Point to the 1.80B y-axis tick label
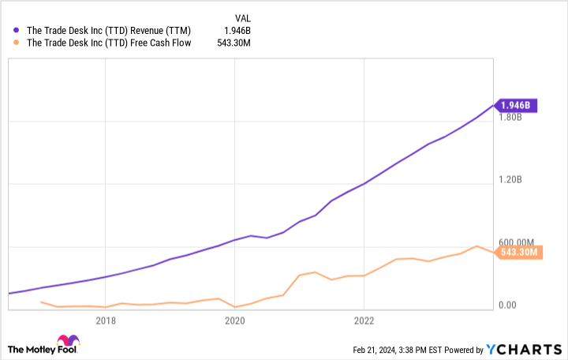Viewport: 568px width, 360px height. pos(511,118)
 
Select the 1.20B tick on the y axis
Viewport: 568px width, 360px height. pos(511,180)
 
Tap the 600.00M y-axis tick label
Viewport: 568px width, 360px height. pos(517,242)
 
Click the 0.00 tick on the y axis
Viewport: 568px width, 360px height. pos(508,305)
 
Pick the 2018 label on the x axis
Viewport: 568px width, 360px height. pos(106,321)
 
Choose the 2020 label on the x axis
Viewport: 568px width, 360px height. pos(234,321)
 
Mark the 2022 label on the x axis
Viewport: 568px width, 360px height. pos(364,321)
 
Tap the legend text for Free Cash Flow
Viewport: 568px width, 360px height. pos(110,43)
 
